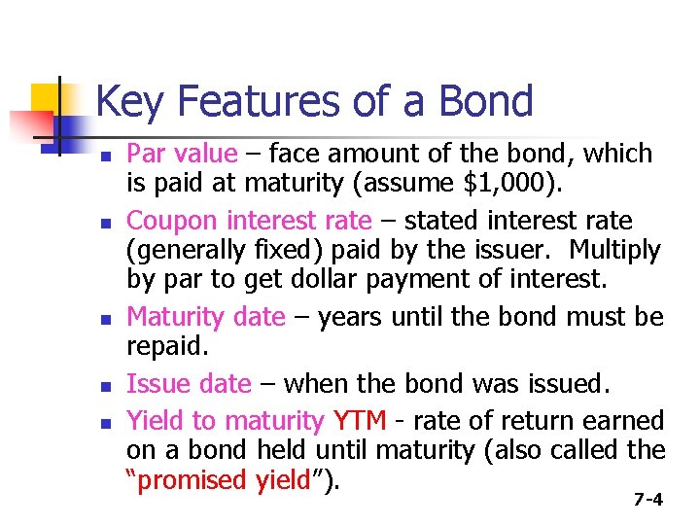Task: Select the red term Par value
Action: click(182, 154)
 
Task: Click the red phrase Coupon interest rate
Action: click(249, 221)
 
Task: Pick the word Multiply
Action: click(614, 250)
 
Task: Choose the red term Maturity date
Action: click(206, 317)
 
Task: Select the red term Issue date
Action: click(189, 384)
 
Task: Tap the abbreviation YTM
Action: click(360, 421)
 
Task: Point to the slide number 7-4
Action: click(647, 501)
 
